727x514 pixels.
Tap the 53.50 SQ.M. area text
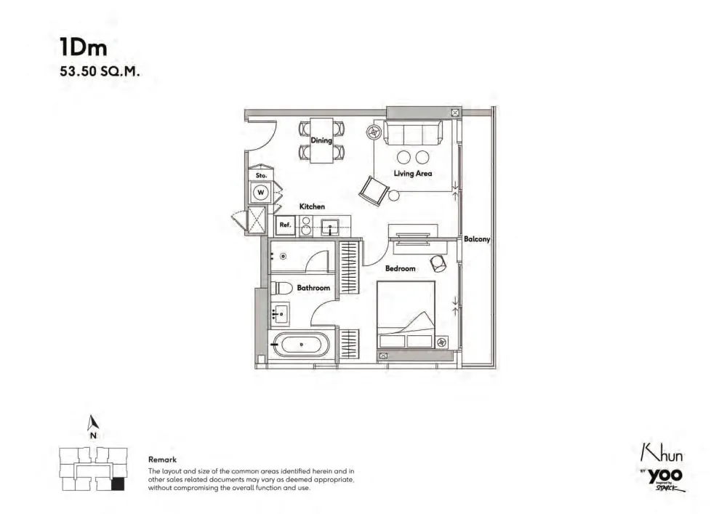click(x=100, y=72)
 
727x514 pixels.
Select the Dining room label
click(x=321, y=140)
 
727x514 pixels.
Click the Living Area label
click(x=413, y=173)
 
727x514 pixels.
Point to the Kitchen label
click(x=312, y=206)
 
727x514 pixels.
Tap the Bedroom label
click(x=400, y=268)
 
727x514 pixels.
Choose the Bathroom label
click(x=313, y=288)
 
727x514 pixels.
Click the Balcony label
click(x=477, y=239)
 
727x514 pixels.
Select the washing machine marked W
click(x=260, y=193)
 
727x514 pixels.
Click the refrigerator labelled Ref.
click(x=285, y=225)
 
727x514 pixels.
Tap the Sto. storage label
click(x=262, y=176)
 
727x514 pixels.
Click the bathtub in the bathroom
click(x=302, y=345)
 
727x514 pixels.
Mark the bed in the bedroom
click(x=406, y=315)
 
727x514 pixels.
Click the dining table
click(x=321, y=140)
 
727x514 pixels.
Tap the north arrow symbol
click(x=93, y=422)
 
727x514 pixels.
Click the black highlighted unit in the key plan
click(x=119, y=484)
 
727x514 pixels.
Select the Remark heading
click(x=162, y=459)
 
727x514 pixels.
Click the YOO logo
click(x=665, y=475)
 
